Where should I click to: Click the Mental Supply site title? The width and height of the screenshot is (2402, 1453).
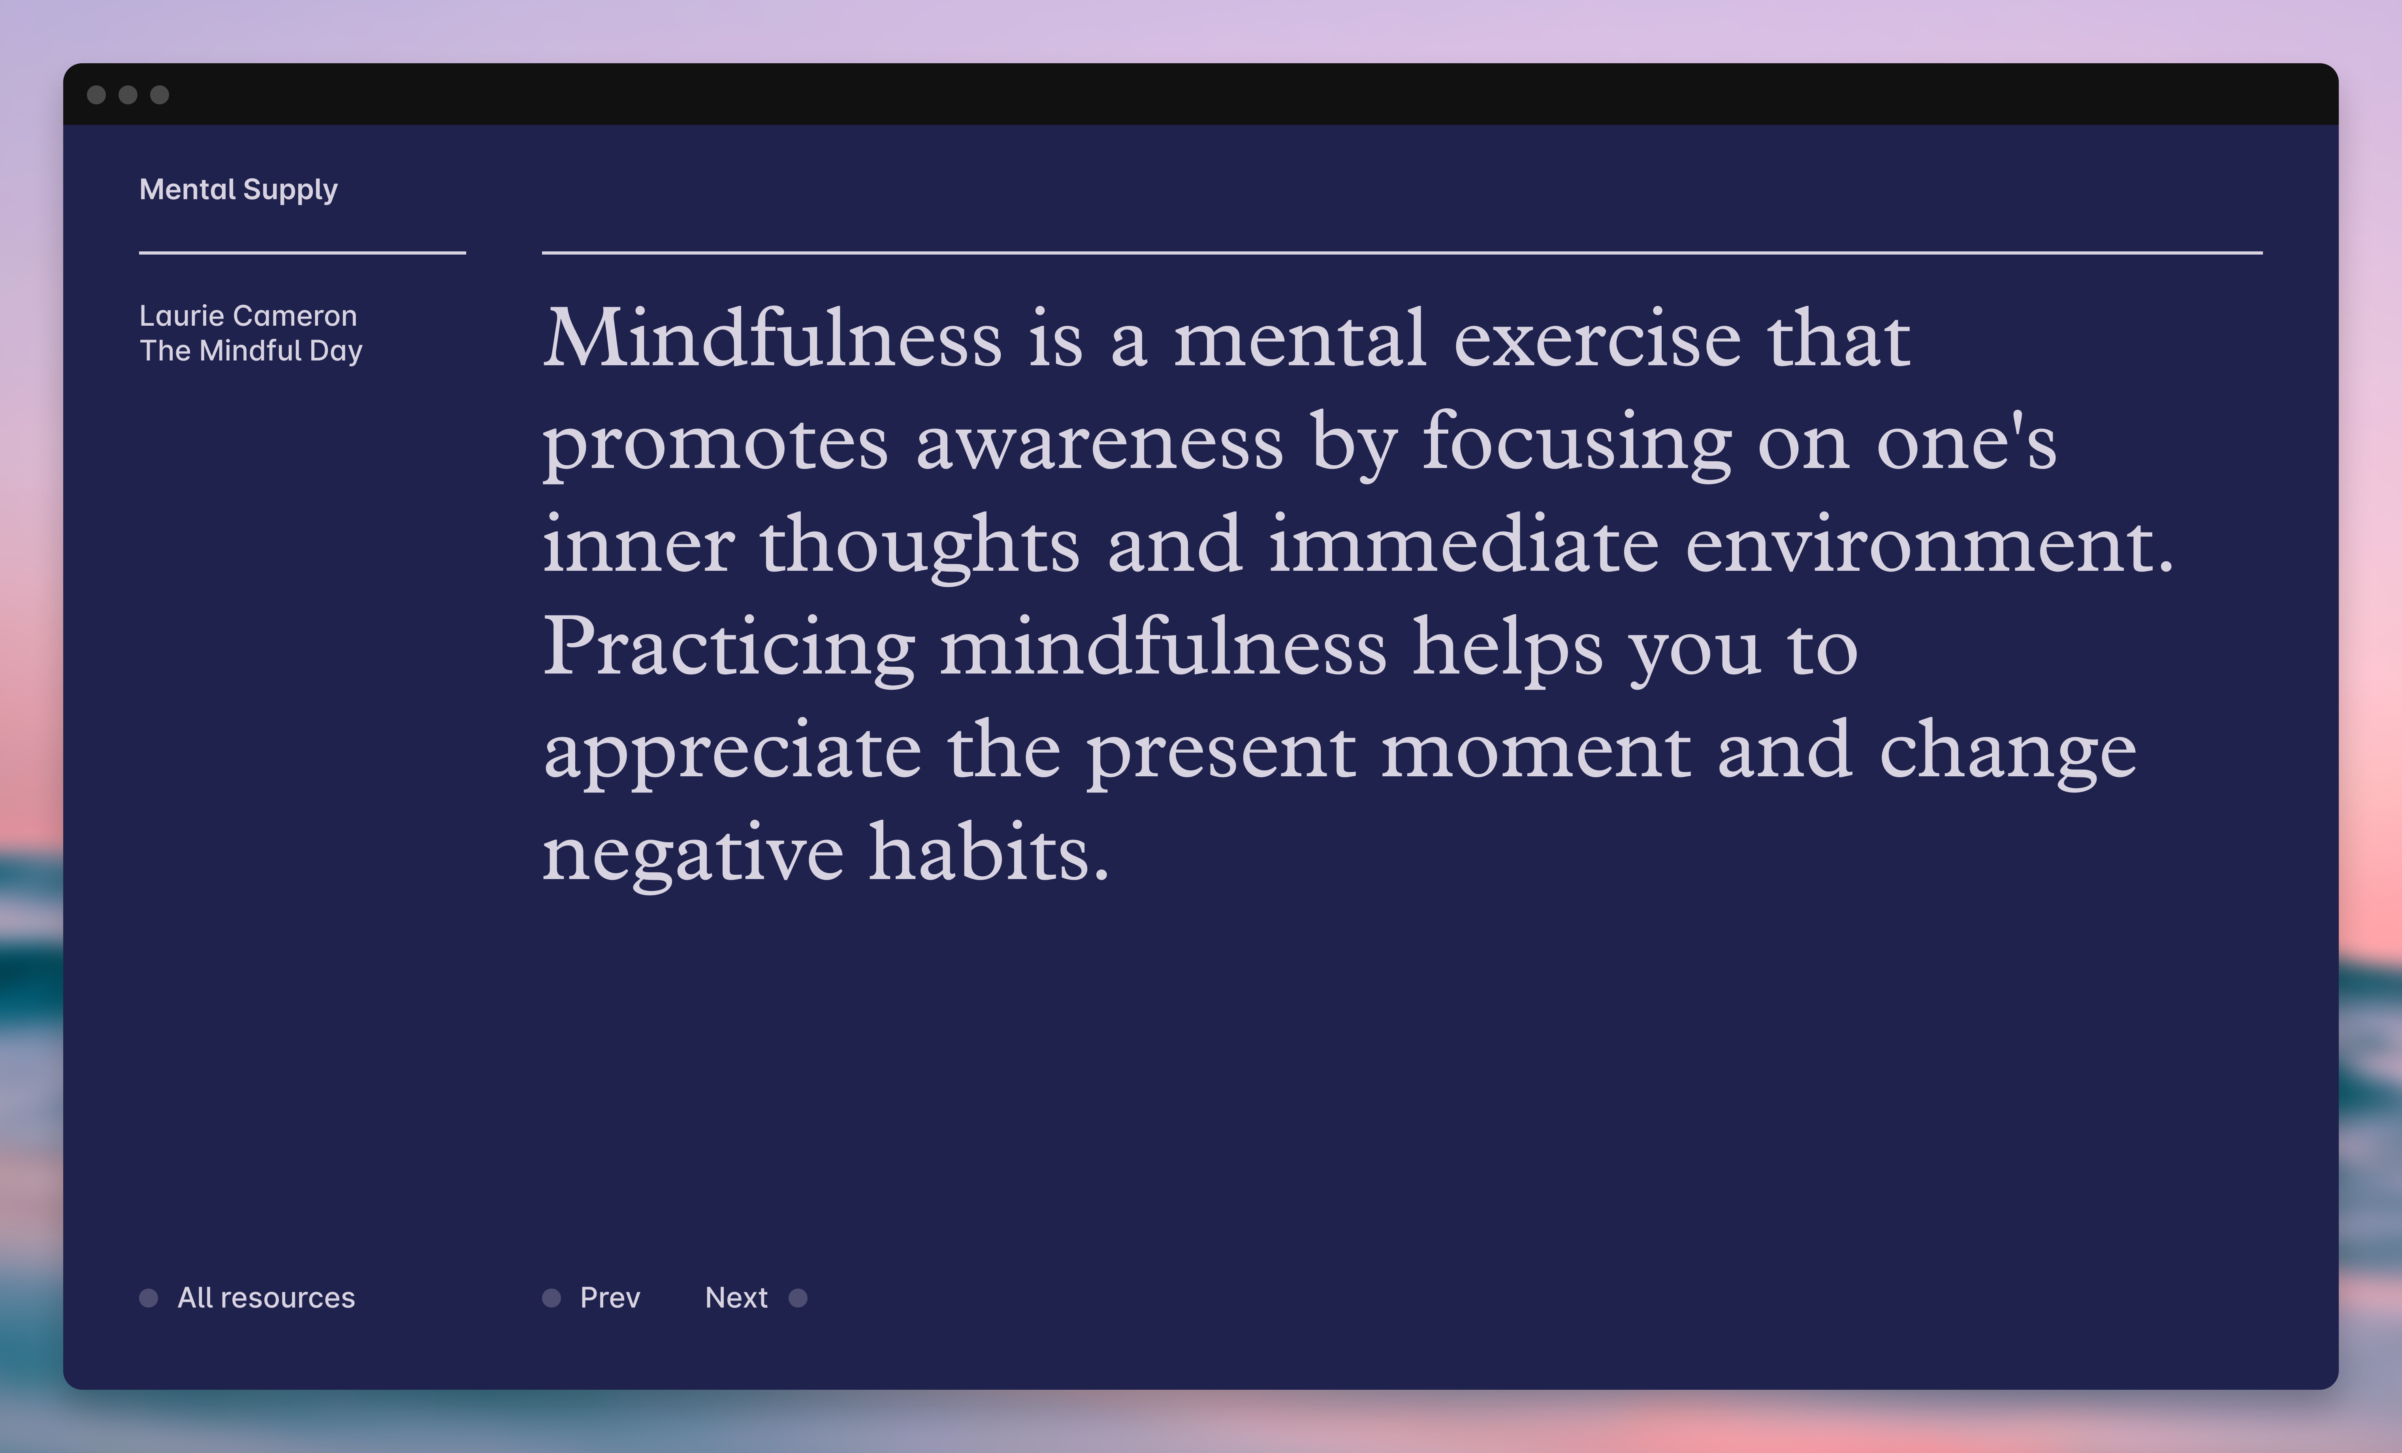(x=239, y=189)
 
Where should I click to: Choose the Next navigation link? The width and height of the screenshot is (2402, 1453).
(x=736, y=1298)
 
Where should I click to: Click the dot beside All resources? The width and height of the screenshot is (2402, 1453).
(x=148, y=1298)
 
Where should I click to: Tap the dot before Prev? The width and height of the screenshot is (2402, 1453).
(x=552, y=1298)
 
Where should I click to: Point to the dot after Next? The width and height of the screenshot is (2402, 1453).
(x=797, y=1298)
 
